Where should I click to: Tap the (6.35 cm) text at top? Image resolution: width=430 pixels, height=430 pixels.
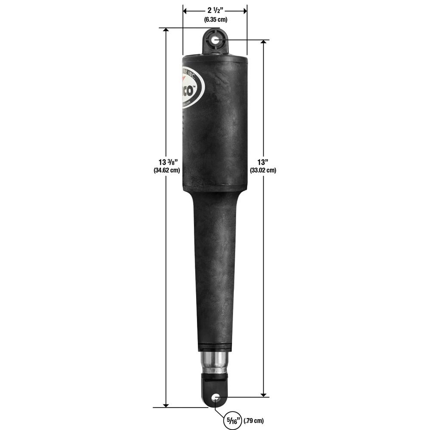pos(215,19)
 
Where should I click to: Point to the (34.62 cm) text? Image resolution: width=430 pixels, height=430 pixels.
pos(166,170)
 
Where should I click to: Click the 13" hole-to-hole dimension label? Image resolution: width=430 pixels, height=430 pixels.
pos(263,162)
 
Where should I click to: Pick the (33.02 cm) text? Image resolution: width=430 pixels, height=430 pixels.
pos(263,170)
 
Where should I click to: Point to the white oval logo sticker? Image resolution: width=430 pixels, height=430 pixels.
pos(193,87)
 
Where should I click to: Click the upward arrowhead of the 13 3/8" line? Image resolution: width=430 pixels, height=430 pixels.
pos(166,31)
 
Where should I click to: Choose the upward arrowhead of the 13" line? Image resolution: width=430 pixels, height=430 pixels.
pos(263,43)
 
